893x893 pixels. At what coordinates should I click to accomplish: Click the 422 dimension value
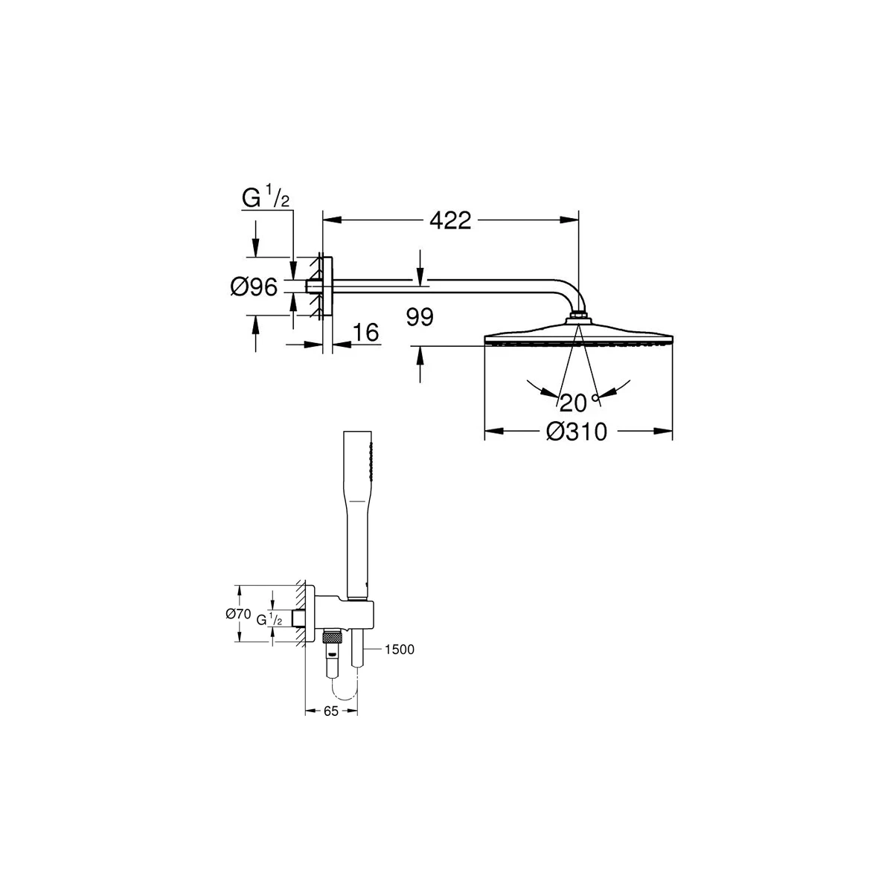click(x=449, y=220)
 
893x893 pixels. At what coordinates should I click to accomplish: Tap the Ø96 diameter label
click(x=254, y=287)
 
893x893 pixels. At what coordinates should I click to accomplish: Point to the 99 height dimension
click(x=420, y=318)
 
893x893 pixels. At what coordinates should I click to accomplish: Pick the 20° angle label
click(x=577, y=403)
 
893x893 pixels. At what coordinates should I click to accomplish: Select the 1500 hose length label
click(x=400, y=650)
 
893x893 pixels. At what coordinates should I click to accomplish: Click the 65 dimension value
click(x=331, y=711)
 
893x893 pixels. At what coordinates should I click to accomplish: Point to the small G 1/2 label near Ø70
click(x=269, y=618)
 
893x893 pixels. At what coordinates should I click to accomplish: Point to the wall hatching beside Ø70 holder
click(x=299, y=614)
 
